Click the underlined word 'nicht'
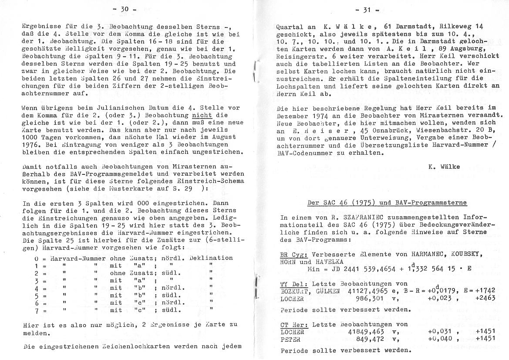coord(202,115)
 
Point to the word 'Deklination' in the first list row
coord(213,258)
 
